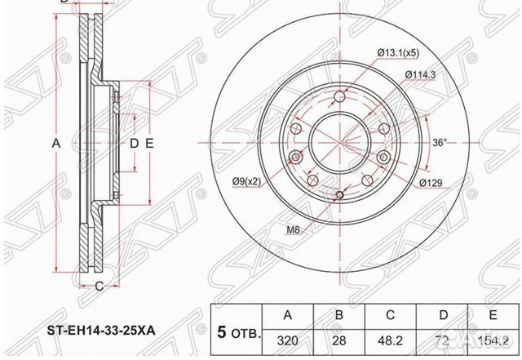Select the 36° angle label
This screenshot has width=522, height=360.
[x=438, y=143]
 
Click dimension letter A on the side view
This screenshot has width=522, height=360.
[x=56, y=144]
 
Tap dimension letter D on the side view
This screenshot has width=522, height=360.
[x=135, y=144]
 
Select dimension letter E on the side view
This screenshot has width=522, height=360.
[x=150, y=144]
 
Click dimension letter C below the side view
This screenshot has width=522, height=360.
[x=98, y=285]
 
